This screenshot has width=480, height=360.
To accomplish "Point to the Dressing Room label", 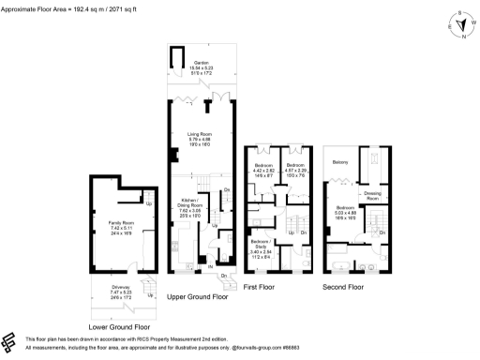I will pyautogui.click(x=372, y=197).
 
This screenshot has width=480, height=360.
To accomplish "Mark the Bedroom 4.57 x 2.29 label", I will pyautogui.click(x=296, y=171).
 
